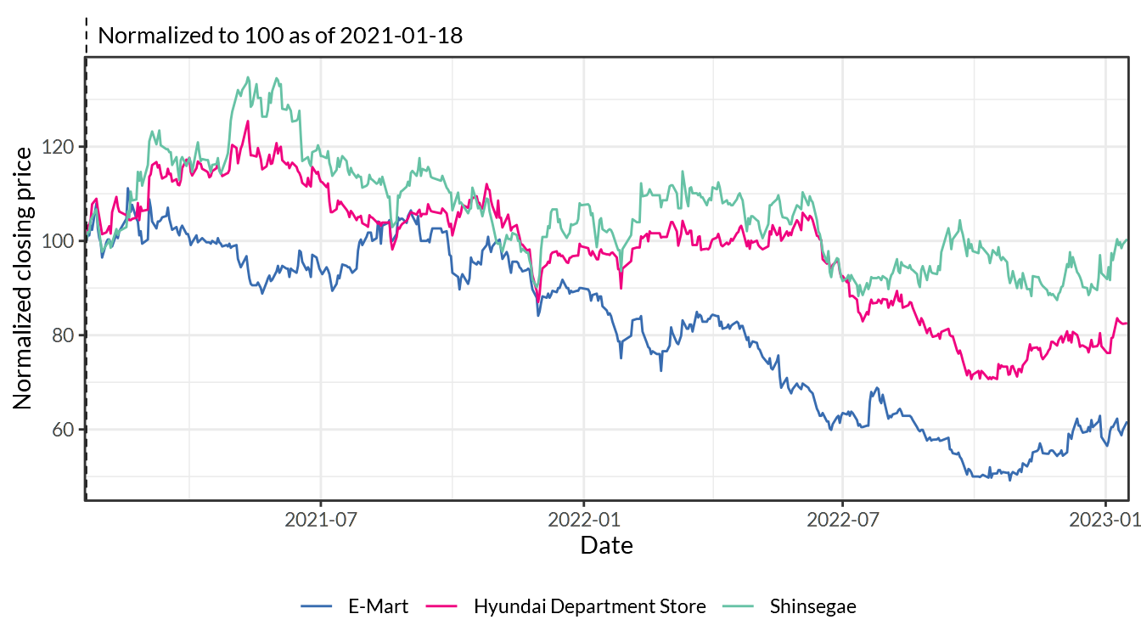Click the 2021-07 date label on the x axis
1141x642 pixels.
coord(320,520)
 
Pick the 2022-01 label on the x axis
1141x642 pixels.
coord(584,520)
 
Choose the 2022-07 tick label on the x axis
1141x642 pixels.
coord(843,520)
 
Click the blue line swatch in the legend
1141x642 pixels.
coord(317,605)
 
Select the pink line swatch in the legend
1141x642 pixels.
coord(441,605)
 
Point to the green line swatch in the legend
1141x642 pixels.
coord(738,605)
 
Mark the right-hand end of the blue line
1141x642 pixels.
coord(1127,421)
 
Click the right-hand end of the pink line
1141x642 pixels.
coord(1127,324)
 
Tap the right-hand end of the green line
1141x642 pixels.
coord(1127,240)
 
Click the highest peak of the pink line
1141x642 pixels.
coord(248,121)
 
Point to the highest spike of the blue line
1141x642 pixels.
coord(128,189)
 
